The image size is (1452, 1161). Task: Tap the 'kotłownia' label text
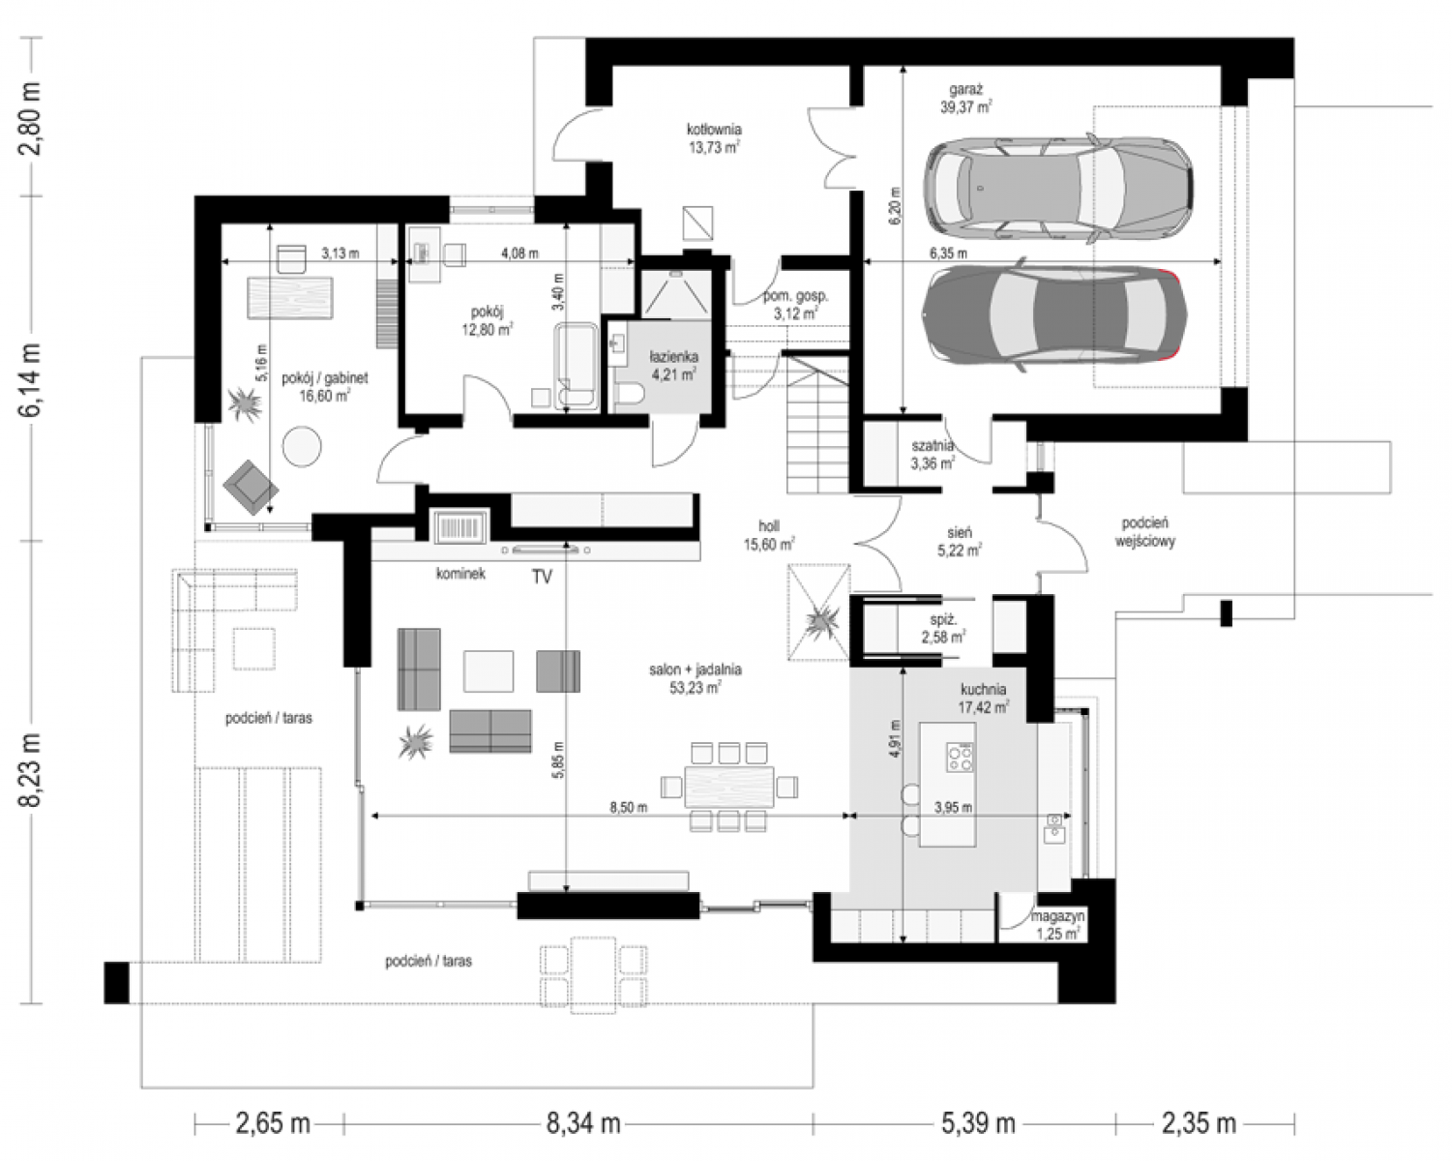pyautogui.click(x=714, y=129)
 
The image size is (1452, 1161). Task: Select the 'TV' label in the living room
pyautogui.click(x=542, y=577)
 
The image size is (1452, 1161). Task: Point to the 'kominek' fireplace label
pyautogui.click(x=460, y=574)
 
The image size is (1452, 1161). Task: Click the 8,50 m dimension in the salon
pyautogui.click(x=628, y=807)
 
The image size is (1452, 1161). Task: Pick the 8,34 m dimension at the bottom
pyautogui.click(x=583, y=1124)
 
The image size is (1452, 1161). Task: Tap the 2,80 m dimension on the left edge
pyautogui.click(x=31, y=119)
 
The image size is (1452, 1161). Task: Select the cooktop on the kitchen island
pyautogui.click(x=960, y=757)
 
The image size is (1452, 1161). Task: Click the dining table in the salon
pyautogui.click(x=728, y=787)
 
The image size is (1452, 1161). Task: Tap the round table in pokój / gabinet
pyautogui.click(x=302, y=446)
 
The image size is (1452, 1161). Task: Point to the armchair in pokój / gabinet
pyautogui.click(x=251, y=483)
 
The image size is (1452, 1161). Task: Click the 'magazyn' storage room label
pyautogui.click(x=1057, y=916)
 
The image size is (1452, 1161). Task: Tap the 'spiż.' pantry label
pyautogui.click(x=944, y=619)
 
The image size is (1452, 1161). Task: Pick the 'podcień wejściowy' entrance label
pyautogui.click(x=1145, y=532)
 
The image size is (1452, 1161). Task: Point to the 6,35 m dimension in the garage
pyautogui.click(x=948, y=253)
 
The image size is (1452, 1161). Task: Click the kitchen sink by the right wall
pyautogui.click(x=1053, y=827)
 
